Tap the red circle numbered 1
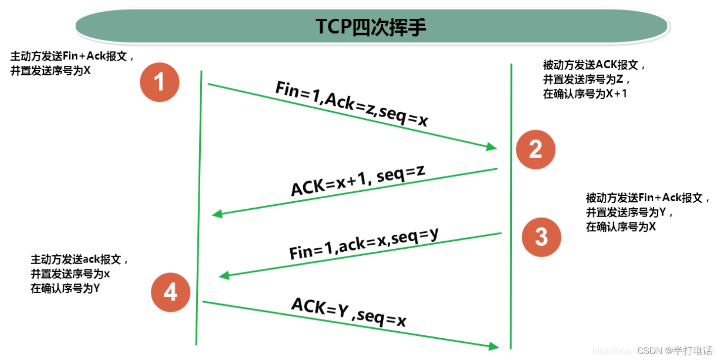(159, 82)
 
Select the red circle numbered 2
(536, 149)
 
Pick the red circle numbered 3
(541, 237)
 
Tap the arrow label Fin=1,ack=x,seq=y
(364, 244)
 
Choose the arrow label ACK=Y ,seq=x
(349, 312)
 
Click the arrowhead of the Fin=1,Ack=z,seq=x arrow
(492, 146)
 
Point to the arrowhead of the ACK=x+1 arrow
(217, 214)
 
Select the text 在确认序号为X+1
(585, 93)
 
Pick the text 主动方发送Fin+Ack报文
(72, 56)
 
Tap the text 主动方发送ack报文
(80, 260)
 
